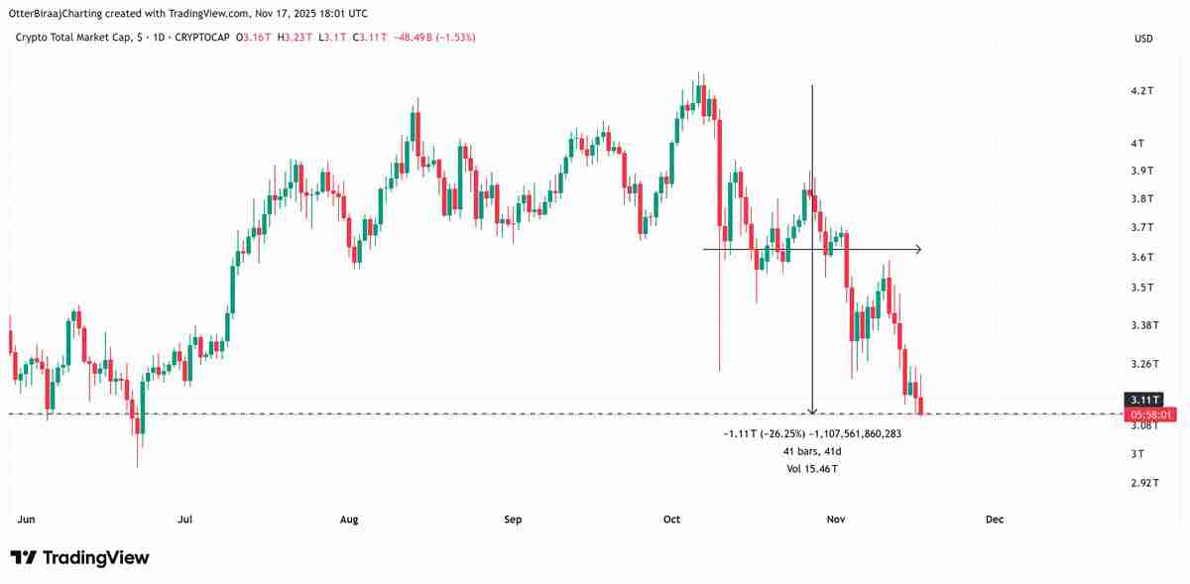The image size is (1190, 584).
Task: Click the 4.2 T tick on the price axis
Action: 1142,91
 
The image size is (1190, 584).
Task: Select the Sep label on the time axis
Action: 513,520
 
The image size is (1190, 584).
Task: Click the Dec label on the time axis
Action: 995,520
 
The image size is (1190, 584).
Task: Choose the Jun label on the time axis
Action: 27,520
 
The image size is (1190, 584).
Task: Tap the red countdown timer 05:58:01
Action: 1148,414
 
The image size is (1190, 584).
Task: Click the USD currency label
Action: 1143,39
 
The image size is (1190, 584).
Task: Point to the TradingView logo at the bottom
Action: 79,558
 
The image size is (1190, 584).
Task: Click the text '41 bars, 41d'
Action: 812,451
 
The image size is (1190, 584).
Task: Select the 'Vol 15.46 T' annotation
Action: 812,468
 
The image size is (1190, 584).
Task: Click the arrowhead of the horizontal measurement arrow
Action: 919,249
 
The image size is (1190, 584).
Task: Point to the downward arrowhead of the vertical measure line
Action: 812,409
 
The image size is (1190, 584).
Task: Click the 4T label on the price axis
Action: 1138,144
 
